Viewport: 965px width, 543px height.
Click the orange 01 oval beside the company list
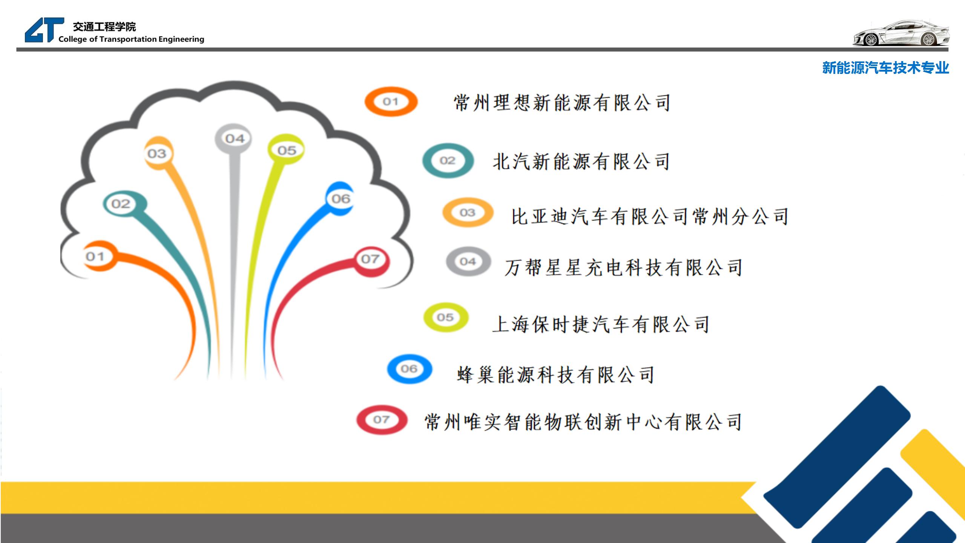391,101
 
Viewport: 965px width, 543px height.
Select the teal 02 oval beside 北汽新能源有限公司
448,161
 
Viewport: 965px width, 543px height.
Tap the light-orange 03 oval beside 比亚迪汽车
468,212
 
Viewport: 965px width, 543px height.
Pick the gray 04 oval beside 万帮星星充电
468,261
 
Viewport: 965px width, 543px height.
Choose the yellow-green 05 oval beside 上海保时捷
445,318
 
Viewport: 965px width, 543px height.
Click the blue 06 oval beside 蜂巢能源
409,369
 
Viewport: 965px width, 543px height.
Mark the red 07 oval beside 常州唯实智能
382,420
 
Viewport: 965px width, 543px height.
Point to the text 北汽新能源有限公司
581,162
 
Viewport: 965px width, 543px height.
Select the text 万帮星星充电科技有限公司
624,268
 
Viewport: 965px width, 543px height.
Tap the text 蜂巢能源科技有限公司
556,375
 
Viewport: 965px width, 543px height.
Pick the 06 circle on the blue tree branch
341,199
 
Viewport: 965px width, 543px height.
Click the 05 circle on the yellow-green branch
286,150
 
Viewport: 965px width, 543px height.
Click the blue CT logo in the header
44,30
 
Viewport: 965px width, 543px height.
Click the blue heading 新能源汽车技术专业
886,68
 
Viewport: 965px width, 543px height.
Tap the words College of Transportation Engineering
131,39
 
